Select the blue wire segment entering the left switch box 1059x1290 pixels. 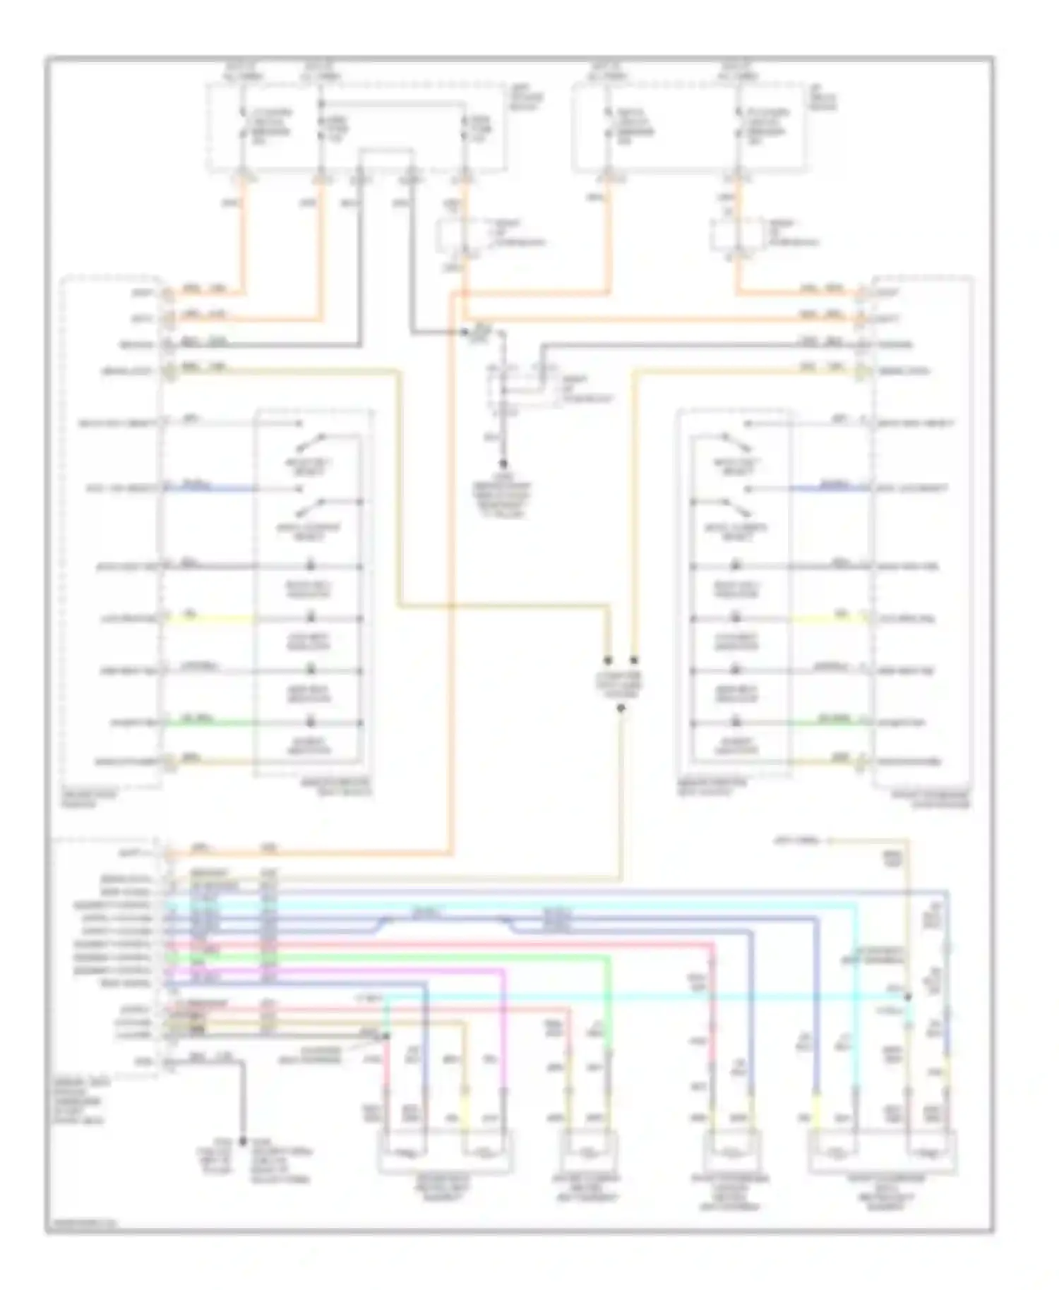[x=212, y=488]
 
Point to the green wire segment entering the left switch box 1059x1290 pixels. [x=212, y=723]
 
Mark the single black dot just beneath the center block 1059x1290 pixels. [x=621, y=708]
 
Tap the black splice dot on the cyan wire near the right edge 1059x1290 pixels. [x=908, y=997]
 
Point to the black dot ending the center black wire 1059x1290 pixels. [x=503, y=464]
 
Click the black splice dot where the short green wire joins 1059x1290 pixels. [x=385, y=1037]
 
